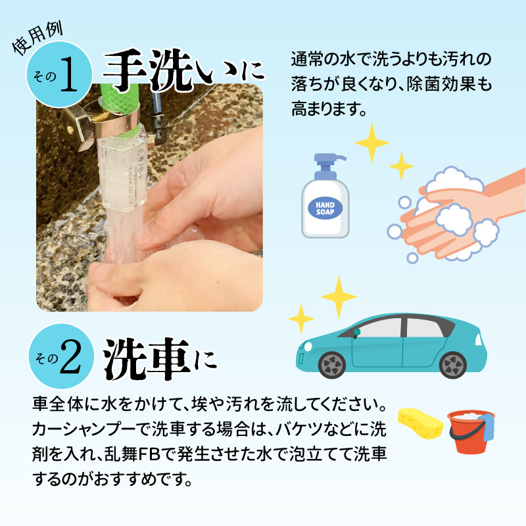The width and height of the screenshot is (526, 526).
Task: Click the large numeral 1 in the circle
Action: (x=69, y=74)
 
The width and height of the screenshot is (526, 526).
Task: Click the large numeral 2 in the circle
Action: (x=70, y=358)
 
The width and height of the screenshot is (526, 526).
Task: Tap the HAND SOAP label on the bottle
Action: (x=325, y=208)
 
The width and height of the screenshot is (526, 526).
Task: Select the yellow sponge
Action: (x=420, y=423)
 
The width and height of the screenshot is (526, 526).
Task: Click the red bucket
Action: (x=469, y=433)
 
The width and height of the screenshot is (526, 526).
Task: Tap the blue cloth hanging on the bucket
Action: (x=487, y=427)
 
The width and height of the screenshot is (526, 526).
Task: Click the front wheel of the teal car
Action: (x=332, y=365)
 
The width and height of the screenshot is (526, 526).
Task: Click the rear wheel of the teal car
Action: (x=452, y=365)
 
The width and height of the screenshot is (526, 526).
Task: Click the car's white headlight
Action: (x=308, y=346)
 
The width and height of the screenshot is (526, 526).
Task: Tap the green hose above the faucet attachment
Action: (x=119, y=97)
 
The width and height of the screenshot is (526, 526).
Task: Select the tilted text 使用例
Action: (x=37, y=39)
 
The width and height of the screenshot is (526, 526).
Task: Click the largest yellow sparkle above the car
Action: (x=339, y=297)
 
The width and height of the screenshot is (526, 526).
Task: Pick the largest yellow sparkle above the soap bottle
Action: (x=371, y=143)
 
